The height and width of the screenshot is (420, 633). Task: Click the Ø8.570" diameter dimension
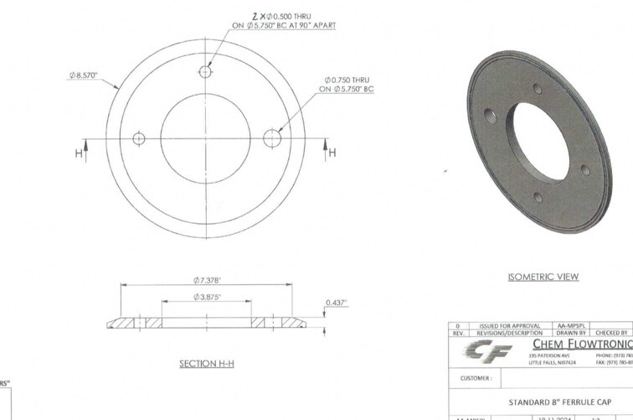coord(84,75)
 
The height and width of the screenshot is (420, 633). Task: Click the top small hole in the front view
coord(205,71)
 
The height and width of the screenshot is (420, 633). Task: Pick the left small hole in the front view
coord(140,138)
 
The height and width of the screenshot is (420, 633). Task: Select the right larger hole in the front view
coord(270,138)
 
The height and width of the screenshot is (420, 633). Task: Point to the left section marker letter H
coord(80,153)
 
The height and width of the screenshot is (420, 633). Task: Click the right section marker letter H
coord(331,153)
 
